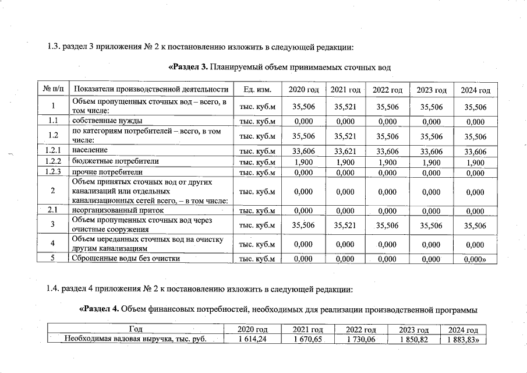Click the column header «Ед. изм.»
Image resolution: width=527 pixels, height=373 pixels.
(257, 90)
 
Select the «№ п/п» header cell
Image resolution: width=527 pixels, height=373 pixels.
(52, 90)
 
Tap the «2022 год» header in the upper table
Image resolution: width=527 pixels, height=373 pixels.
(387, 90)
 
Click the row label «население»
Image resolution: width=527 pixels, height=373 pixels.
(90, 152)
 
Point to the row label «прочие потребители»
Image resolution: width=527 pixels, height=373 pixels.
(107, 172)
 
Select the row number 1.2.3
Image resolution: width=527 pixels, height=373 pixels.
(52, 172)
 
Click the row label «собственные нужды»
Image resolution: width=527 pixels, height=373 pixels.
(107, 121)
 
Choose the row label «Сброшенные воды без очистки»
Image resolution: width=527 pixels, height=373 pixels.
(125, 258)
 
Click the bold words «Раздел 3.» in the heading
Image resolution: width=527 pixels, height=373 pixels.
(189, 67)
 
